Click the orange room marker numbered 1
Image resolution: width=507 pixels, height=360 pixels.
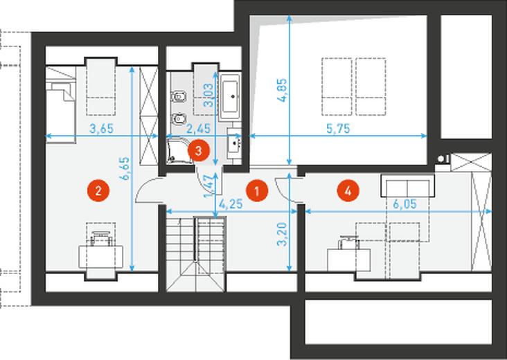pyautogui.click(x=257, y=190)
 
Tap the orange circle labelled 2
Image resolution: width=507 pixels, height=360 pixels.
pyautogui.click(x=98, y=190)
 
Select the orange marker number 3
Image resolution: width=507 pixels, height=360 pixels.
pyautogui.click(x=199, y=150)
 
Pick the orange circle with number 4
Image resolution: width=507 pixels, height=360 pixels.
pyautogui.click(x=348, y=190)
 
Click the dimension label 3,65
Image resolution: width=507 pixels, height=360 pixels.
pyautogui.click(x=102, y=128)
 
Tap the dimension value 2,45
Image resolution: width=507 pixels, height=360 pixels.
pyautogui.click(x=199, y=128)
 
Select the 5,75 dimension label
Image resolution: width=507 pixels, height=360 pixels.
pyautogui.click(x=338, y=128)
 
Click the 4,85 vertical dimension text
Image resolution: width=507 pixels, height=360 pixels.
pyautogui.click(x=282, y=91)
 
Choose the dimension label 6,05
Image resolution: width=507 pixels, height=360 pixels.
pyautogui.click(x=404, y=204)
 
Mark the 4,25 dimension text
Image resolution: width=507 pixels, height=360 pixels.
pyautogui.click(x=231, y=204)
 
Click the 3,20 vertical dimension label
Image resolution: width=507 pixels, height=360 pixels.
pyautogui.click(x=282, y=234)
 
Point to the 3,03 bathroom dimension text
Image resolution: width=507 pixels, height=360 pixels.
pyautogui.click(x=208, y=95)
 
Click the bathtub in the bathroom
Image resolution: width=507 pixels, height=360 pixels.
pyautogui.click(x=230, y=96)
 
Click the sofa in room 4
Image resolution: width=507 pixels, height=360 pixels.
pyautogui.click(x=407, y=186)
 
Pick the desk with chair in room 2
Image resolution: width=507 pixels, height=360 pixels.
pyautogui.click(x=101, y=249)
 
